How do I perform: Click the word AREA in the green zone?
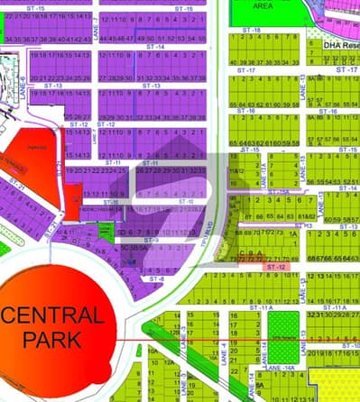pos(263,5)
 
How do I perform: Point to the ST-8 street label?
pos(157,279)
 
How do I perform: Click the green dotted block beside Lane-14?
pos(282,330)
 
